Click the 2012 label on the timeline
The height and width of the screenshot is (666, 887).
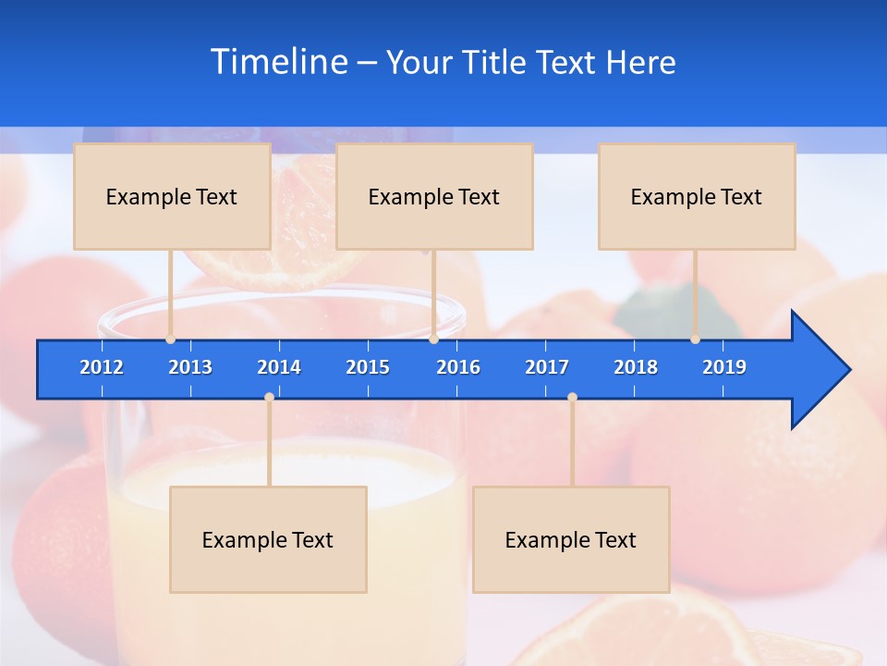[102, 367]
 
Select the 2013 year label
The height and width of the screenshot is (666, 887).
[190, 367]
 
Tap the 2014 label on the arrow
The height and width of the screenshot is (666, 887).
[279, 367]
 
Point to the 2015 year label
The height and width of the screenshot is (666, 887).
[368, 367]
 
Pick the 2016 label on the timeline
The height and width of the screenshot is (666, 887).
[458, 367]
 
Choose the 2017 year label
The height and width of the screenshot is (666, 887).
[547, 367]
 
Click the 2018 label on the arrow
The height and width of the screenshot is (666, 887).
[636, 367]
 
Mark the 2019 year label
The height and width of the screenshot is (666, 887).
[724, 367]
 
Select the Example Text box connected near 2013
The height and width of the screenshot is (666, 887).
[172, 196]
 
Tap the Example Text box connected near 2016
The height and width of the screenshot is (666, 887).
[434, 196]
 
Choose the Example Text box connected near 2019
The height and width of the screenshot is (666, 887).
[697, 196]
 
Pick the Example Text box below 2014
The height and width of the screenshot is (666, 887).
[268, 539]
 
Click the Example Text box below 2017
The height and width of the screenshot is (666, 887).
[571, 539]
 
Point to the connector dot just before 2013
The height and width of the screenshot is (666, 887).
[171, 339]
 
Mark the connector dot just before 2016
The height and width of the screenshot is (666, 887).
[433, 339]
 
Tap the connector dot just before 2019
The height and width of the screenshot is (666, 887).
[696, 339]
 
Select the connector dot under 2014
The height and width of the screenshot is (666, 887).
[269, 398]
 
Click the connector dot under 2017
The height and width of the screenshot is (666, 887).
[572, 398]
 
